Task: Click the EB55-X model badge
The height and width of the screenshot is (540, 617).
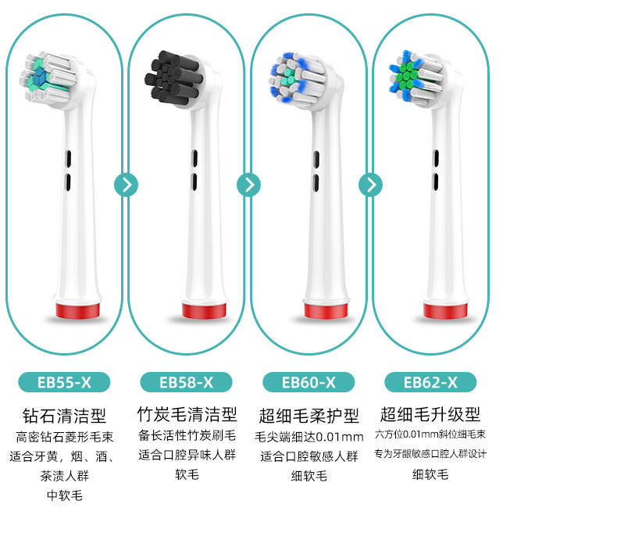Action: click(64, 382)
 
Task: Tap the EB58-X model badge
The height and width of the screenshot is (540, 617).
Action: click(186, 382)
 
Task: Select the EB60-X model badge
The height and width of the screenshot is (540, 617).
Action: click(308, 382)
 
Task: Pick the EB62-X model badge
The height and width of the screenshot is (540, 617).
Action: click(430, 382)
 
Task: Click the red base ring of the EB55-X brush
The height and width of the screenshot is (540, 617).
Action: click(79, 309)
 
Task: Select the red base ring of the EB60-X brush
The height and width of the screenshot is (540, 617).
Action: click(324, 309)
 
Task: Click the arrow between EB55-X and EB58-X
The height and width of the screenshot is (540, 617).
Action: click(126, 184)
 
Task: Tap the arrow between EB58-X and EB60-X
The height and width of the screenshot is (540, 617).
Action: click(248, 184)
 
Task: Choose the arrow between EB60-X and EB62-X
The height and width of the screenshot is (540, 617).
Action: click(370, 184)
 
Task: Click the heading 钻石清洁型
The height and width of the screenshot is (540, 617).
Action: click(65, 415)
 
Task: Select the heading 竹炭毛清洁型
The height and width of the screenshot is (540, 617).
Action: click(187, 414)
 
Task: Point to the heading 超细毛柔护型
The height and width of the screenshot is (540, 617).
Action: click(308, 415)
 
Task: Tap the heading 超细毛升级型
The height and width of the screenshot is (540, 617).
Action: click(430, 414)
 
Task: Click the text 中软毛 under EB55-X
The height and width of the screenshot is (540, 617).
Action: click(65, 495)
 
